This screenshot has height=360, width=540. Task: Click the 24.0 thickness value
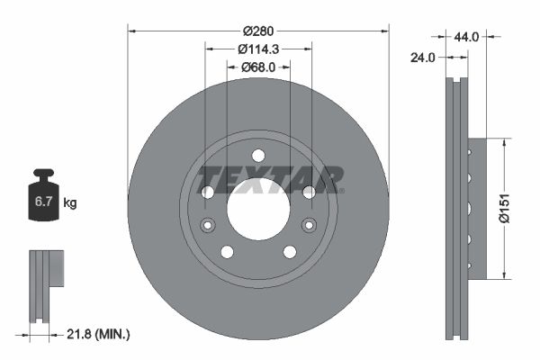coord(424,57)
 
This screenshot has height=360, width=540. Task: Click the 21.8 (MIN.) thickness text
coord(100,335)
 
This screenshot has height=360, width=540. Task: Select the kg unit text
coord(69,203)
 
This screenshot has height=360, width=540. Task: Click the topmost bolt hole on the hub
coord(258,155)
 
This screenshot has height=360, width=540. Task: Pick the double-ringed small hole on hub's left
coord(208,224)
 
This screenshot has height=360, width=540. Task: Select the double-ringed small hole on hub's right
coord(309,224)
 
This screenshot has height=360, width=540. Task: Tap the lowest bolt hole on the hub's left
coord(227,251)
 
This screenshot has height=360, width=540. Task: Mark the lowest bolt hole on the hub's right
coord(290,251)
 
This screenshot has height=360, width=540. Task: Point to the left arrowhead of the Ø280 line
coord(132,30)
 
